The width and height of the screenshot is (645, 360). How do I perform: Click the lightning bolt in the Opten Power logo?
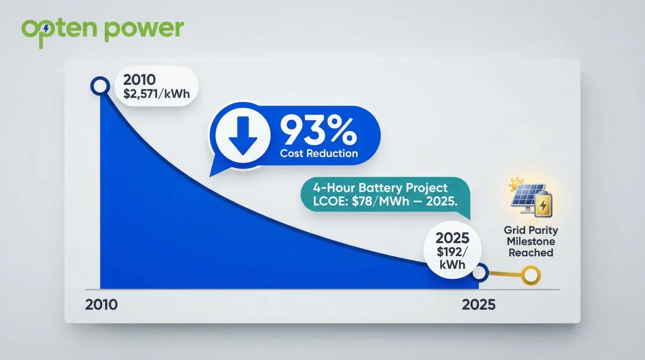[46, 28]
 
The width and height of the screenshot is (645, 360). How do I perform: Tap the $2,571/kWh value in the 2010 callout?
[156, 93]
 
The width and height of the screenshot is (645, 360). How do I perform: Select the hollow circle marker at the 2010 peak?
[99, 87]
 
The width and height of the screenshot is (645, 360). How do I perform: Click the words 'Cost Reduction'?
[320, 153]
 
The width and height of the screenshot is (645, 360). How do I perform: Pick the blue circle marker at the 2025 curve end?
[480, 275]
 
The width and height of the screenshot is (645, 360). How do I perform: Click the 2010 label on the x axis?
[102, 304]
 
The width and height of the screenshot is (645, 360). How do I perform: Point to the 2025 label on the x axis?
[478, 304]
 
